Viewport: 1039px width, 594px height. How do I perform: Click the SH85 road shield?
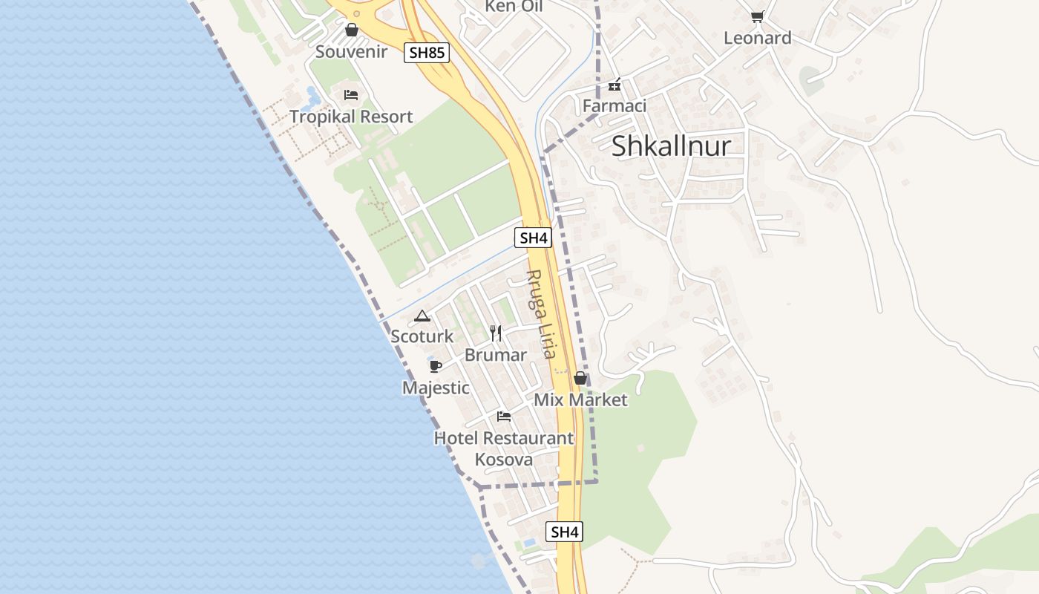[x=427, y=53]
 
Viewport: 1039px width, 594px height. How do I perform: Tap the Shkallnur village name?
[x=671, y=146]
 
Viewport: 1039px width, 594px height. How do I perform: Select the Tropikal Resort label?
[x=351, y=117]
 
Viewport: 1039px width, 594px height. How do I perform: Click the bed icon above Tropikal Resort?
[x=351, y=95]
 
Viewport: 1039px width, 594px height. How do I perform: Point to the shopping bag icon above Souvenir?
[x=352, y=30]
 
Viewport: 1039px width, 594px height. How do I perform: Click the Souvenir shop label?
[x=351, y=51]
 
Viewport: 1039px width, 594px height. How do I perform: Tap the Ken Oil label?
[x=514, y=7]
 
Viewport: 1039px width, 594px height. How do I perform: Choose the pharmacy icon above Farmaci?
[x=614, y=85]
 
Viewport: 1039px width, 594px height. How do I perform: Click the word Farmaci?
[x=614, y=105]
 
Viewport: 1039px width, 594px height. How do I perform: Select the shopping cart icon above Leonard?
[x=757, y=16]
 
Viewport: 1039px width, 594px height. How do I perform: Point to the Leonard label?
[x=757, y=38]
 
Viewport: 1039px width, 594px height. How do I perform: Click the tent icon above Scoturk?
[x=422, y=316]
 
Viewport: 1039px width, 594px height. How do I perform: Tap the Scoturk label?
[x=422, y=336]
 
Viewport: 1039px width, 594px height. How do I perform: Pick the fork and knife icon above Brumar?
[x=496, y=333]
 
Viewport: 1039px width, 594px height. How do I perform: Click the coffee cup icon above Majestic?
[x=436, y=366]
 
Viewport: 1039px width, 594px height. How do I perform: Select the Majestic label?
[x=436, y=388]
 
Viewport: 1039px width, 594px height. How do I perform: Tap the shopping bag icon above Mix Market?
[x=580, y=379]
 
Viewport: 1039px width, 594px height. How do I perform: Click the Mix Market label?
[x=580, y=399]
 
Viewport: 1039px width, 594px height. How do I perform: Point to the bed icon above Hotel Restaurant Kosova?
[x=504, y=417]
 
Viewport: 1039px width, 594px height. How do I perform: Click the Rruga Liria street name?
[x=540, y=314]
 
